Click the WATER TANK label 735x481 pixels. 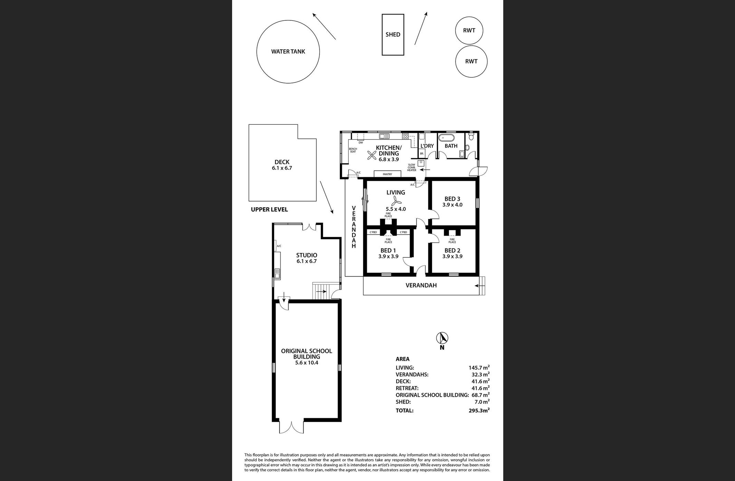click(288, 51)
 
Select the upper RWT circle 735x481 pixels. click(469, 30)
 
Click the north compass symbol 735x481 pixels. click(442, 338)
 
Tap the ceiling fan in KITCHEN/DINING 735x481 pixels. click(372, 156)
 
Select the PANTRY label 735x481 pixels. click(387, 175)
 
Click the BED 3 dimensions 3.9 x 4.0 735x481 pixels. click(452, 205)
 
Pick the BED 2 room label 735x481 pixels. click(452, 251)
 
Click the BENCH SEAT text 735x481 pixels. click(353, 150)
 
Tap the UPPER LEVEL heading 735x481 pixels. click(269, 209)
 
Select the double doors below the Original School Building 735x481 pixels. click(292, 427)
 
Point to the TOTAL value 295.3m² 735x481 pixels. click(477, 410)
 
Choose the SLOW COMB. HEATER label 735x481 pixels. click(412, 168)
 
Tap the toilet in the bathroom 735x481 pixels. click(471, 137)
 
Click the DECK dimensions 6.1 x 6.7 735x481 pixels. click(282, 168)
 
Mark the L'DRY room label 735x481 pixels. click(427, 146)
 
